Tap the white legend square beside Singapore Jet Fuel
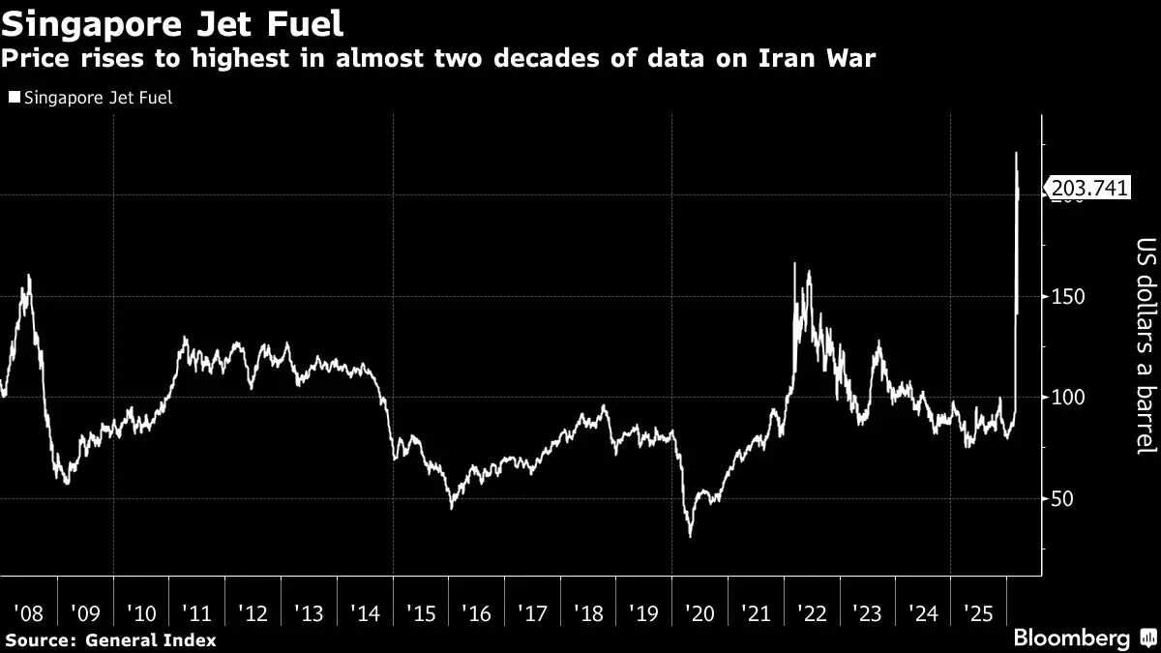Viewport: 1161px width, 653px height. (13, 98)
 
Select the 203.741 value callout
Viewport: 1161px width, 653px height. (1088, 190)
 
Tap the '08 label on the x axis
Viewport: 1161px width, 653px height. (30, 613)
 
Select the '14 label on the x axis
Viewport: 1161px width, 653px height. (365, 613)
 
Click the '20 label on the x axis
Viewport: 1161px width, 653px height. (700, 613)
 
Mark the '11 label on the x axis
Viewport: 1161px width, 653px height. (197, 613)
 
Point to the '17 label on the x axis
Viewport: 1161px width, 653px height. (533, 613)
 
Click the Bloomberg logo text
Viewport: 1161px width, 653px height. (1071, 638)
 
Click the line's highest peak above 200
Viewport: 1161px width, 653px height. (1016, 153)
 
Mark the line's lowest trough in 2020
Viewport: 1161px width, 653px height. (690, 536)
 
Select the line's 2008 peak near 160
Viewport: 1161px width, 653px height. (29, 276)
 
